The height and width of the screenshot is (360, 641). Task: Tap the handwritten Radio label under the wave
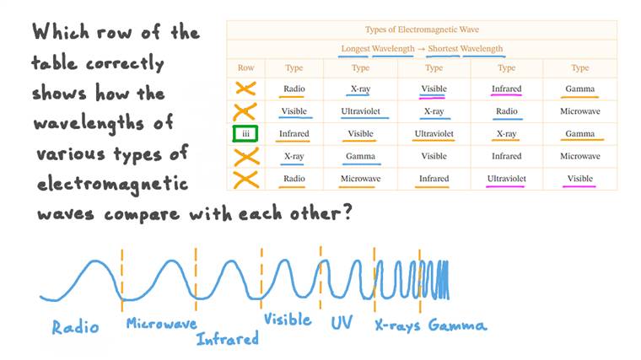point(75,326)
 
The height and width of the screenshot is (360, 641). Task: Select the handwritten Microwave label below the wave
point(161,322)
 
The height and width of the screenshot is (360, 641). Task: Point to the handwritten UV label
point(341,323)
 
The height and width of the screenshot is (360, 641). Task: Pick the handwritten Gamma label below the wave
point(457,325)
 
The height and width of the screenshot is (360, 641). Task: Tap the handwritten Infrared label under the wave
point(227,339)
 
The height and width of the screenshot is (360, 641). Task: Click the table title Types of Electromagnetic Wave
point(422,30)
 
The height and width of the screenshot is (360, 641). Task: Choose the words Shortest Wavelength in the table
point(465,49)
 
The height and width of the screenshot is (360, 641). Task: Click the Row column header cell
point(245,67)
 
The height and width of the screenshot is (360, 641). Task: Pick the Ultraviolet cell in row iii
point(434,133)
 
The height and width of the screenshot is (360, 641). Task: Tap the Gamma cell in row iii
point(579,133)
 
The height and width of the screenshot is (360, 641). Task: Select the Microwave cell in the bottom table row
point(360,179)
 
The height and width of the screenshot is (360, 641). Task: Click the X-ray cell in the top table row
point(360,89)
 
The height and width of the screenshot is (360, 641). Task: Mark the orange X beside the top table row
point(245,88)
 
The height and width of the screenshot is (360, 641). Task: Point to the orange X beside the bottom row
point(245,179)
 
